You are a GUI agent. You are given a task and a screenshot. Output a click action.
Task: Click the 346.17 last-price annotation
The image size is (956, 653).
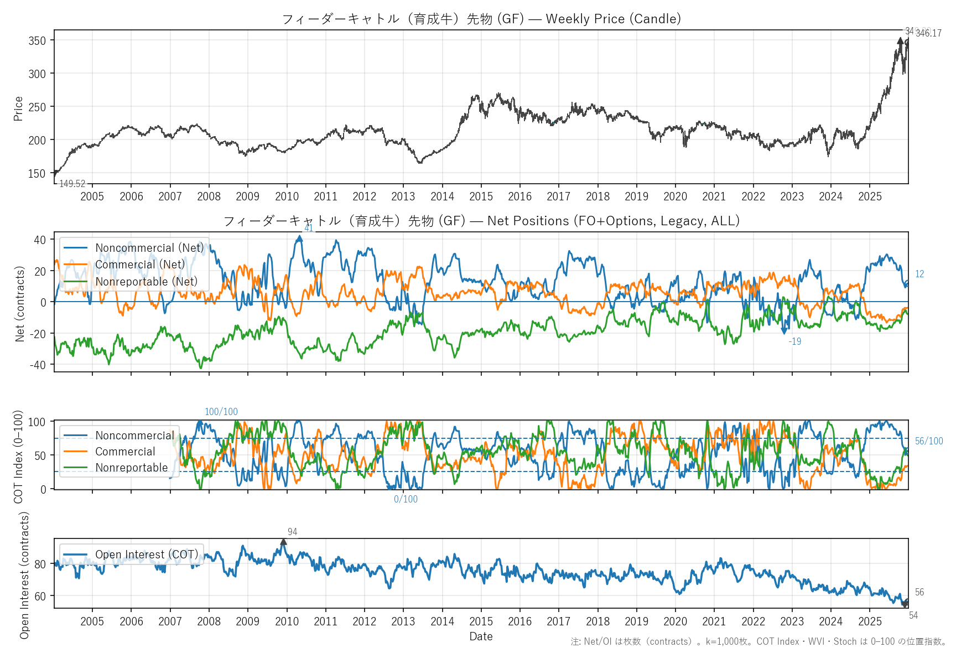928,33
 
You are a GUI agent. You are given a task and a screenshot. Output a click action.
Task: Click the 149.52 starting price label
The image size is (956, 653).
72,184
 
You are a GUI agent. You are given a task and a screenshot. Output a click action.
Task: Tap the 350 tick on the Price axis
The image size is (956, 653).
37,40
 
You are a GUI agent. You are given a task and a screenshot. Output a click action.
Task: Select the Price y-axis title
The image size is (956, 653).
18,108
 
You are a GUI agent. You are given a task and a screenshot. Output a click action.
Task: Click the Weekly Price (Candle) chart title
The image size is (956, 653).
481,19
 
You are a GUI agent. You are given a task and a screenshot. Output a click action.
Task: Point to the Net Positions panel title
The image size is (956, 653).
481,221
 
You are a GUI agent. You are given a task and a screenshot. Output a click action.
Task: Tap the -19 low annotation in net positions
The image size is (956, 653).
795,341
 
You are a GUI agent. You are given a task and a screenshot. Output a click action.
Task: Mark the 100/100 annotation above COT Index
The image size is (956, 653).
221,412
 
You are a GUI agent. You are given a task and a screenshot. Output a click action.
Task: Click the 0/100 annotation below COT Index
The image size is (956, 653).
406,499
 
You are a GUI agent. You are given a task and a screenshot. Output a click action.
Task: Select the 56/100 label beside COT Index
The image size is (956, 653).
929,441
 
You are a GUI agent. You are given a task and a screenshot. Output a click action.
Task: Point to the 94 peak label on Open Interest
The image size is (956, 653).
293,532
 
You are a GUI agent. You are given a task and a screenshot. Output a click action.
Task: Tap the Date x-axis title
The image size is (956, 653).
481,636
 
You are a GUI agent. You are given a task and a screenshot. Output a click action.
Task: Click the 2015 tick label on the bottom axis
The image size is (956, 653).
481,621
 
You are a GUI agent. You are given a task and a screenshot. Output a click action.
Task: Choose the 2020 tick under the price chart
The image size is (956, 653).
675,196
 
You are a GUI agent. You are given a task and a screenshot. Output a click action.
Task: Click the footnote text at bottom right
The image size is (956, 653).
758,641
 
